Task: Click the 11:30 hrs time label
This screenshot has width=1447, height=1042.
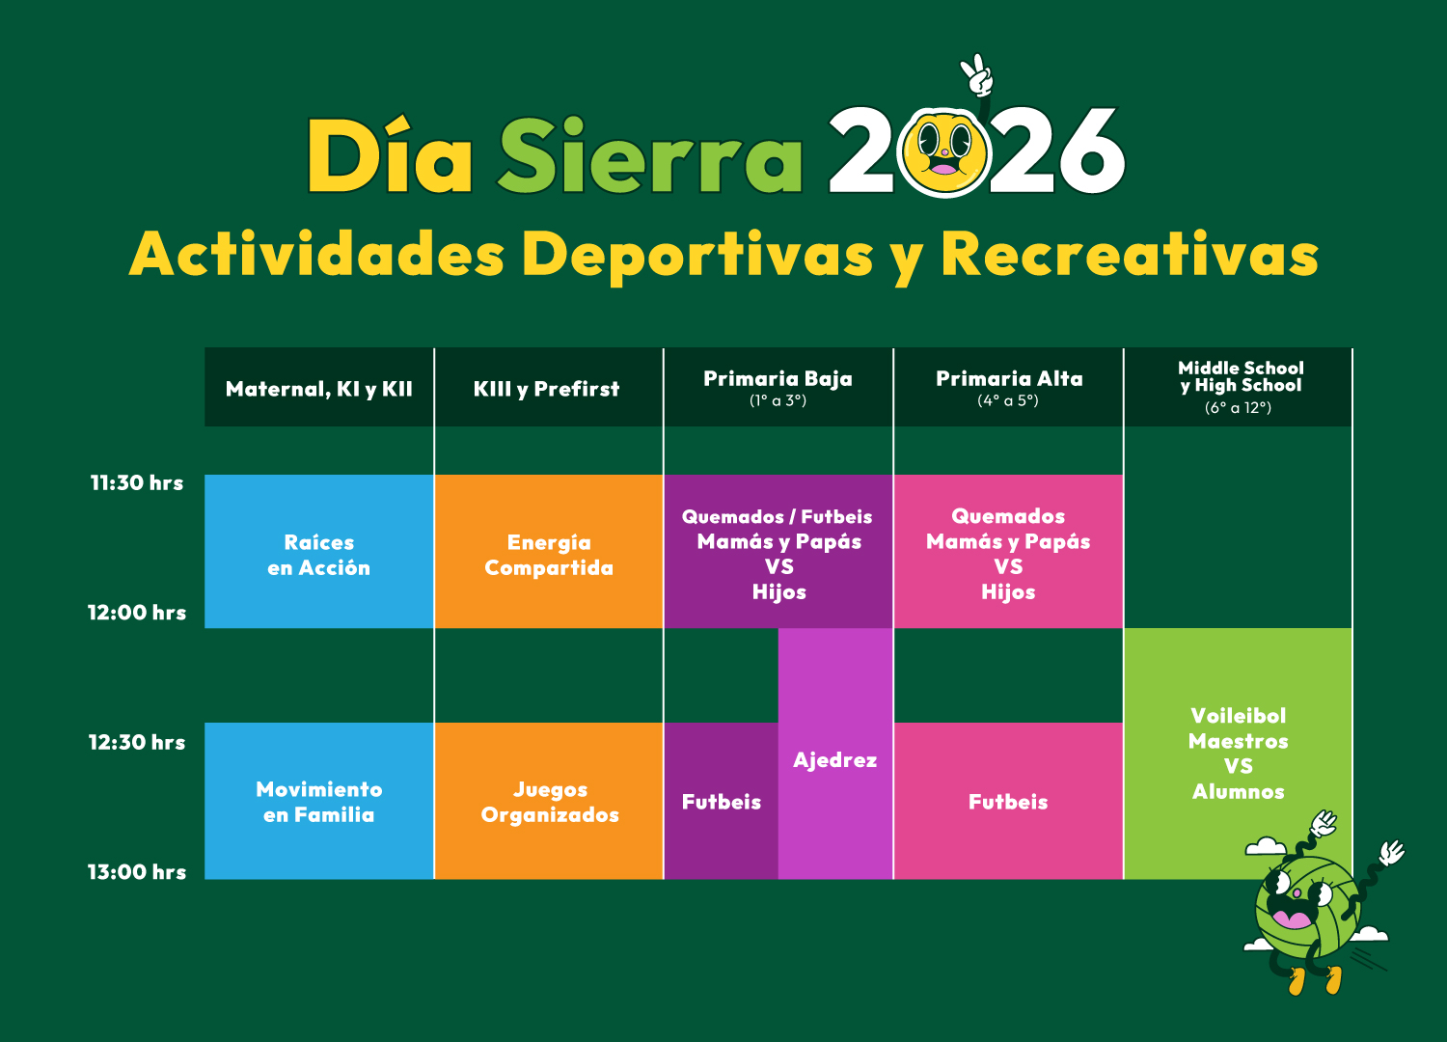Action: (x=137, y=482)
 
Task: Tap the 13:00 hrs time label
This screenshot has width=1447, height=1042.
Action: (x=137, y=872)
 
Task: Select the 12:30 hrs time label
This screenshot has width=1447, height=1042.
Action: (x=137, y=742)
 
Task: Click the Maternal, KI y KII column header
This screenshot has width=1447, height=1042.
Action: (x=319, y=389)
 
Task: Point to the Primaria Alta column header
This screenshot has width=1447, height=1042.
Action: (x=1009, y=387)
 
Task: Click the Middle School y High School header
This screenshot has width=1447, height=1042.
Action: (x=1239, y=387)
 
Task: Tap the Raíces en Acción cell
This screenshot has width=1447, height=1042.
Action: (x=319, y=552)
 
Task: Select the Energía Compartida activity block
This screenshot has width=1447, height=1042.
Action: (x=549, y=552)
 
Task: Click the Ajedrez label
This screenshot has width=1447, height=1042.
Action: (x=835, y=759)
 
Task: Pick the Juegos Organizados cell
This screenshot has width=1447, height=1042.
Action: (x=549, y=801)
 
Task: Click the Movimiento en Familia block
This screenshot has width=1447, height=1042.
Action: (x=319, y=801)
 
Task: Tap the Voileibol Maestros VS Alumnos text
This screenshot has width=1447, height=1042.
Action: (x=1239, y=754)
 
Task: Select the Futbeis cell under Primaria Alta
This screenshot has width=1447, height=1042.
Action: (x=1008, y=801)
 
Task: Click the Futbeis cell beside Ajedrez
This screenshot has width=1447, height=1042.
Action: (x=722, y=801)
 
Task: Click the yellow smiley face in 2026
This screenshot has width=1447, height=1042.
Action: (x=945, y=153)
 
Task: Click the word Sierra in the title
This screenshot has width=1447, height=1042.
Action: (x=649, y=155)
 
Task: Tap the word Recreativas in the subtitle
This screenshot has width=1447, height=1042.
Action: (x=1130, y=255)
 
